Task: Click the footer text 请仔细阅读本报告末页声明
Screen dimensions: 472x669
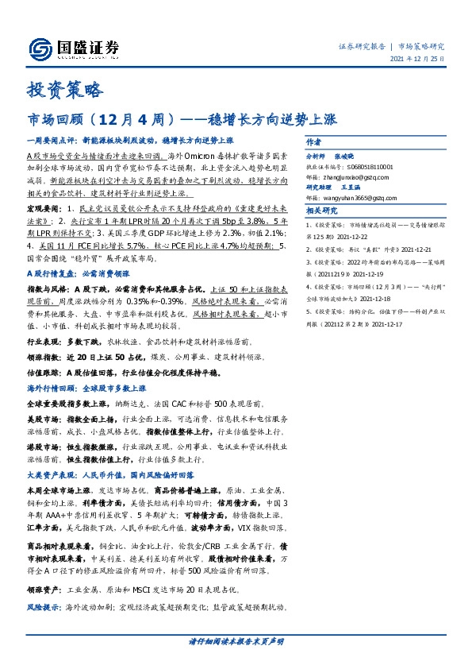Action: click(x=236, y=641)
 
